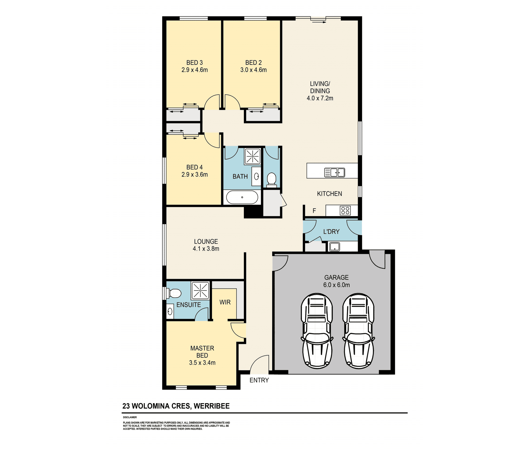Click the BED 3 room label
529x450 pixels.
[x=194, y=62]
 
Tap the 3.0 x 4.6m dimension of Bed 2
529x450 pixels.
[x=253, y=70]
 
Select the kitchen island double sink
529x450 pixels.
[x=334, y=172]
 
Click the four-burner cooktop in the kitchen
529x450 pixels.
[x=345, y=211]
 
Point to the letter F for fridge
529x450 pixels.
[x=314, y=211]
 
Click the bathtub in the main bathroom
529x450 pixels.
[x=242, y=197]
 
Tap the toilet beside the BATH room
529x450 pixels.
[x=272, y=179]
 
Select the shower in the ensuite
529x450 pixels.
[x=200, y=290]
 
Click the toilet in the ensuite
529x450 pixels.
[x=174, y=293]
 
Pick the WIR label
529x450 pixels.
[x=225, y=302]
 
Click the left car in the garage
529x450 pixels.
[x=317, y=331]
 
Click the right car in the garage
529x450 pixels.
[x=358, y=331]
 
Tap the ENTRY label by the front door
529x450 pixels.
[x=259, y=380]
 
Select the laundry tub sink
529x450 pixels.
[x=334, y=247]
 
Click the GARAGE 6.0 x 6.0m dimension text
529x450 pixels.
[x=336, y=285]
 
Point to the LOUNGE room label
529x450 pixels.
[x=206, y=241]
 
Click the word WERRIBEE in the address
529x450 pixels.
[x=212, y=406]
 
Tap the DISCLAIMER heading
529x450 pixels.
[x=130, y=417]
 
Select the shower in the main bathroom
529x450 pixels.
[x=253, y=156]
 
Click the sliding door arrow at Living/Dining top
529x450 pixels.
[x=318, y=22]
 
